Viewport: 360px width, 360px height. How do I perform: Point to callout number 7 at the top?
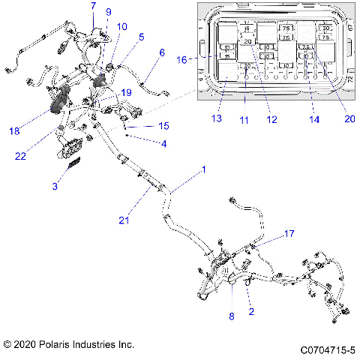coord(93,6)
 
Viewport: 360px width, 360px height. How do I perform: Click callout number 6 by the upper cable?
coord(160,52)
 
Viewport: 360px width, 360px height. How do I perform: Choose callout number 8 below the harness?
coord(231,316)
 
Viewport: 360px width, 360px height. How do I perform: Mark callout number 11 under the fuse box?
coord(245,118)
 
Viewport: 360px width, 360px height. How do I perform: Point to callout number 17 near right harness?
coord(289,234)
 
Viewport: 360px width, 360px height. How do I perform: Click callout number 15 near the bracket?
coord(164,125)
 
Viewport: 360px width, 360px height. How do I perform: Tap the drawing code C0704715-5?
coord(327,349)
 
